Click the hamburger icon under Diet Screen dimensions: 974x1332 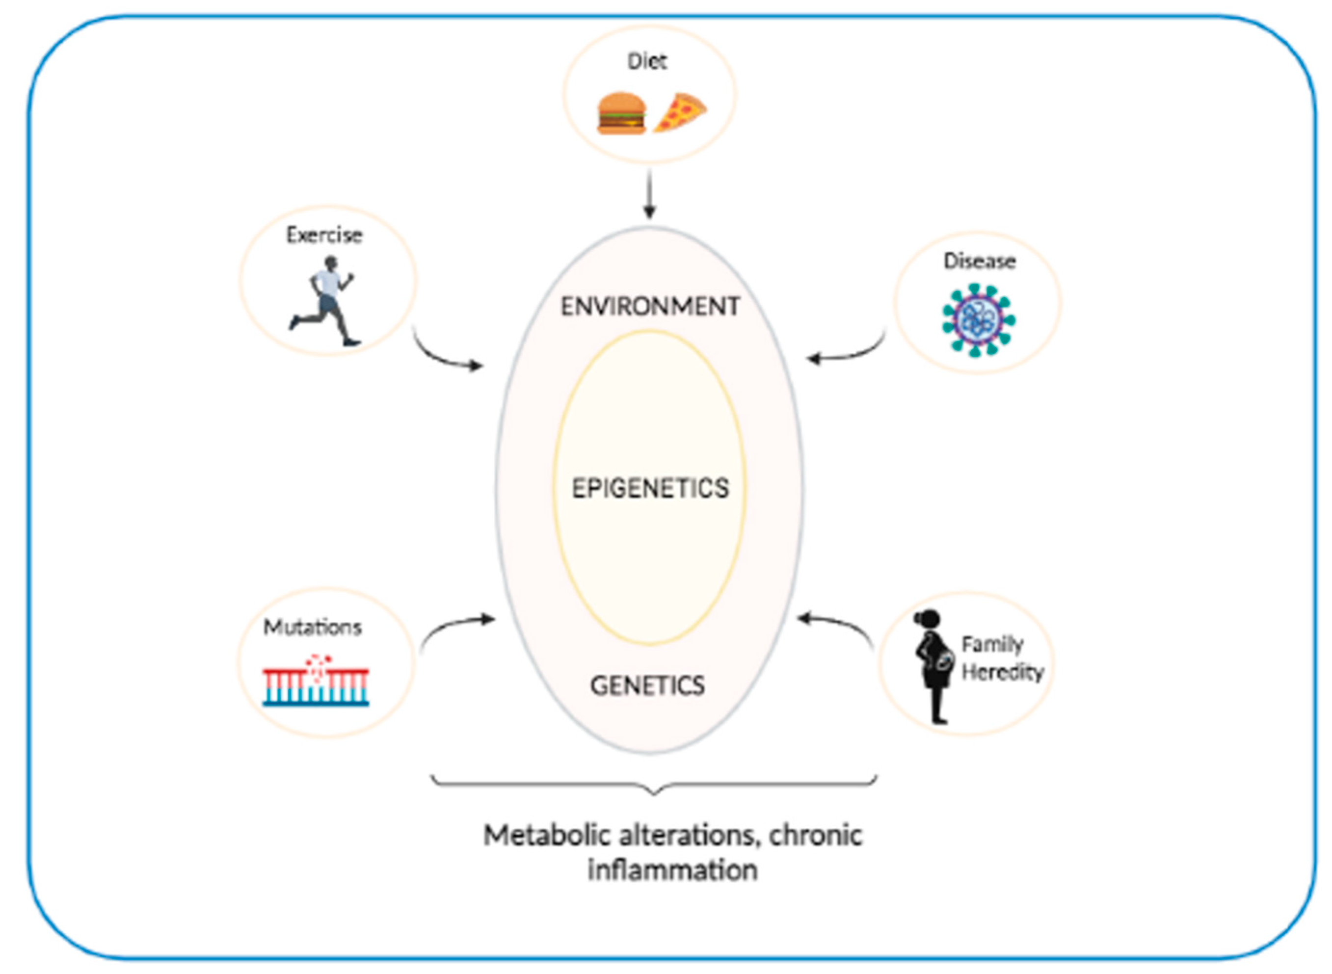(x=621, y=113)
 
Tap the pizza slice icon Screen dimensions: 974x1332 (x=680, y=112)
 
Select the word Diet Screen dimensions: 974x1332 (x=647, y=61)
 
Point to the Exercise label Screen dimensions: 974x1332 (x=324, y=235)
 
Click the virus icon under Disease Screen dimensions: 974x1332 (x=978, y=320)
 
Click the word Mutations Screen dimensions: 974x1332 (x=312, y=627)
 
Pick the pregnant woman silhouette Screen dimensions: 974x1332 (x=933, y=666)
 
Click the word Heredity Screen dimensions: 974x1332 (x=1002, y=672)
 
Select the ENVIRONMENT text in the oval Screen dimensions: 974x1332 (x=650, y=307)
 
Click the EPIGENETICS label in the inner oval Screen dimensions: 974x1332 (x=650, y=488)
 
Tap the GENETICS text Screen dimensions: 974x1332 (x=647, y=685)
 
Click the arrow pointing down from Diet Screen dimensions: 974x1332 (x=649, y=195)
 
